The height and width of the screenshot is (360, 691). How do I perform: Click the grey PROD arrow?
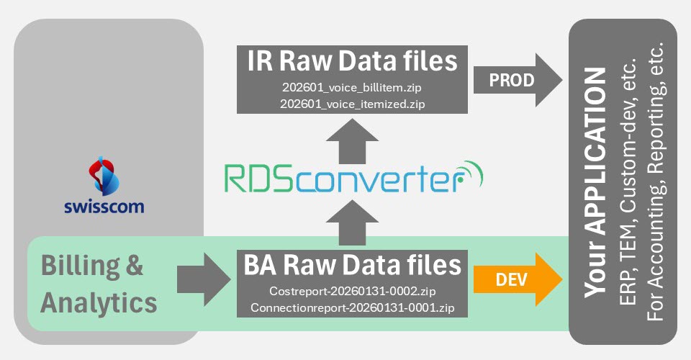point(518,79)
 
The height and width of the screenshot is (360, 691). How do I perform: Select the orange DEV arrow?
point(518,278)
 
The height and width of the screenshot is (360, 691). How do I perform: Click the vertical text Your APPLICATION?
point(595,183)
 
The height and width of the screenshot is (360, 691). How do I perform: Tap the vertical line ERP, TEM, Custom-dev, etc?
point(627,183)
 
